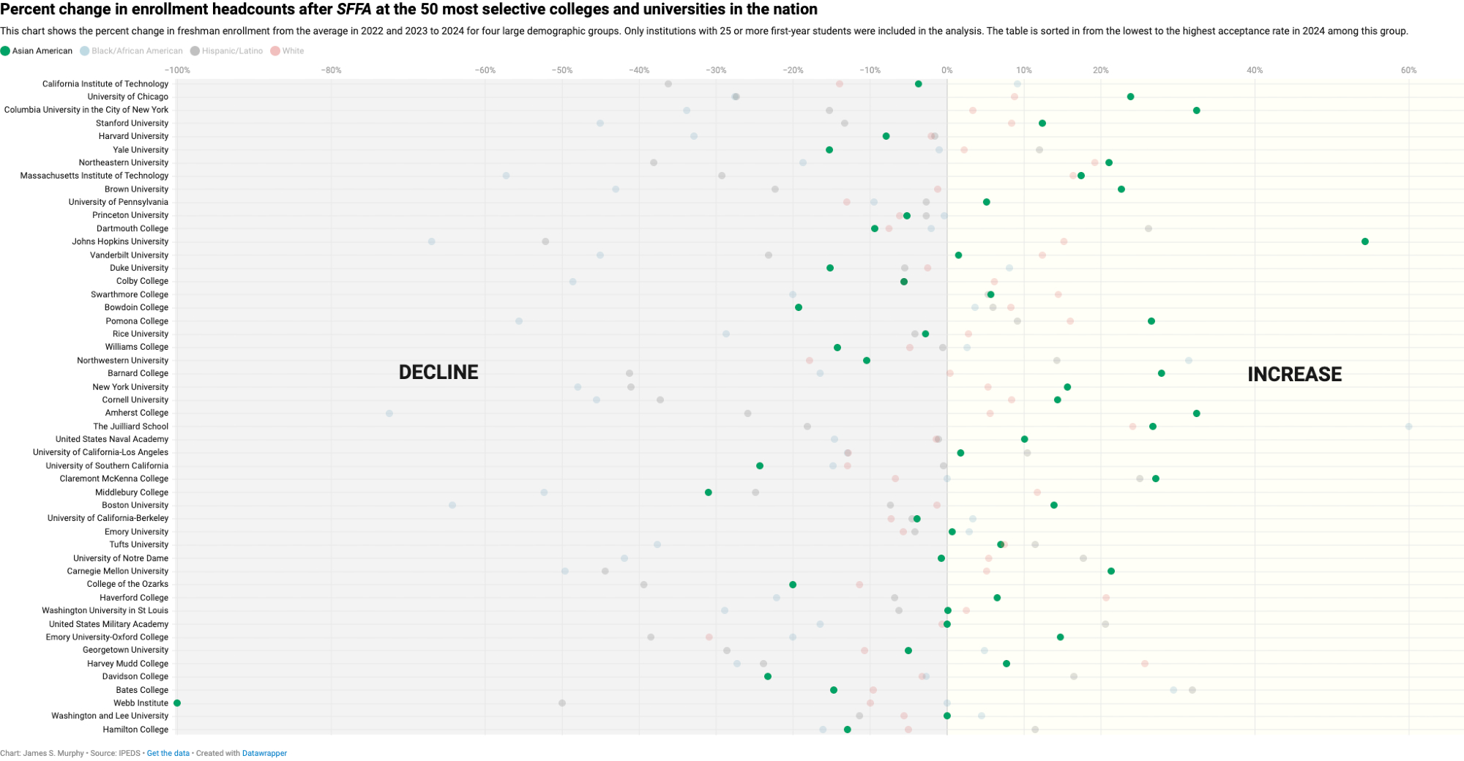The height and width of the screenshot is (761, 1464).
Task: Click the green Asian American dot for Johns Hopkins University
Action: click(1364, 241)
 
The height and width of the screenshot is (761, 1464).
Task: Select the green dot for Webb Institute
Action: click(177, 703)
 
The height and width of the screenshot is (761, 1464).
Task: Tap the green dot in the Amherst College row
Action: click(1196, 413)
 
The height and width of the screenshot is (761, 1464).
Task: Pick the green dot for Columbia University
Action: click(1196, 110)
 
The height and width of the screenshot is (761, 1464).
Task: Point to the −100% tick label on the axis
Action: click(177, 70)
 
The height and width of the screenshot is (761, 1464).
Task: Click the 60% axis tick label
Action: click(1408, 70)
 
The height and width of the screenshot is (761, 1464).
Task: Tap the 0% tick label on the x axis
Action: click(946, 70)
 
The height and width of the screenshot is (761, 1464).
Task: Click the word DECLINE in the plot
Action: click(438, 372)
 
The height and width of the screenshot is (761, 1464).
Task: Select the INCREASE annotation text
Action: click(1294, 375)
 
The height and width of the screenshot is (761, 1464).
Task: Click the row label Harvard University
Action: click(133, 136)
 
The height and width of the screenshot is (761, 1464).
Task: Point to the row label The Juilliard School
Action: click(130, 427)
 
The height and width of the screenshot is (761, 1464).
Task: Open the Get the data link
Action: click(168, 753)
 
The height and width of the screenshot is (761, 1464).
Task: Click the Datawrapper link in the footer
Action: click(264, 753)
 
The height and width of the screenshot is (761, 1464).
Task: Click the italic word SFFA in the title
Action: click(354, 10)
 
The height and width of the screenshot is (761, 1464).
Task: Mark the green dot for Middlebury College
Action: click(708, 492)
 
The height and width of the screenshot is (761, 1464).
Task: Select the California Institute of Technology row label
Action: click(105, 84)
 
